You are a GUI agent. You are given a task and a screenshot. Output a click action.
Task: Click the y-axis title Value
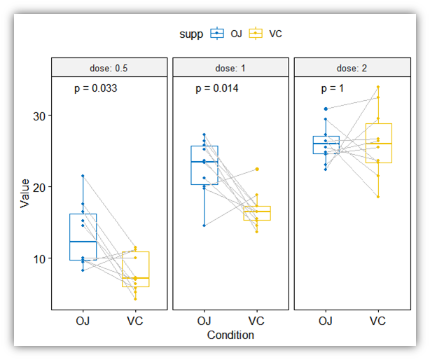click(x=25, y=193)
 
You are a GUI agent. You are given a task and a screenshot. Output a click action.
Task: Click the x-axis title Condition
click(x=230, y=335)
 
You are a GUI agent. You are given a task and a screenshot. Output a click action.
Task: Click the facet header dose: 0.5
click(x=109, y=68)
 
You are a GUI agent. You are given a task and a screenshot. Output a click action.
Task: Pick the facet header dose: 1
click(x=230, y=68)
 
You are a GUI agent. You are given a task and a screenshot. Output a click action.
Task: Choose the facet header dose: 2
click(x=352, y=68)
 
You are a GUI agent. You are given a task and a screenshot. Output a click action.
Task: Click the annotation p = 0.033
click(x=95, y=89)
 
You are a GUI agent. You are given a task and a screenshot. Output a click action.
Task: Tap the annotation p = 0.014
click(x=216, y=89)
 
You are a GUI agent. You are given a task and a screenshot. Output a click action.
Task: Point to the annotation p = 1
click(x=333, y=89)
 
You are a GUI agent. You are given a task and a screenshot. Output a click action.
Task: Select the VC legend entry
click(x=266, y=33)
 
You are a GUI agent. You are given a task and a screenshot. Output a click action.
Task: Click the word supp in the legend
click(x=190, y=33)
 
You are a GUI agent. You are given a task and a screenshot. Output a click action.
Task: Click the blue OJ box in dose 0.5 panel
click(x=83, y=237)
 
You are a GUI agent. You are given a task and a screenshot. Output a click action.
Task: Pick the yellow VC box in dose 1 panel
click(x=256, y=214)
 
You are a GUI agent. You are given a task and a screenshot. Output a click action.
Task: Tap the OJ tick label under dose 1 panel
click(x=204, y=321)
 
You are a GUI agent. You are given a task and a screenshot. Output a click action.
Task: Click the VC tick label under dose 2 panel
click(x=378, y=321)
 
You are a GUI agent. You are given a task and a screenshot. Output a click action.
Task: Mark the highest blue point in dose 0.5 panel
click(x=83, y=176)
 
